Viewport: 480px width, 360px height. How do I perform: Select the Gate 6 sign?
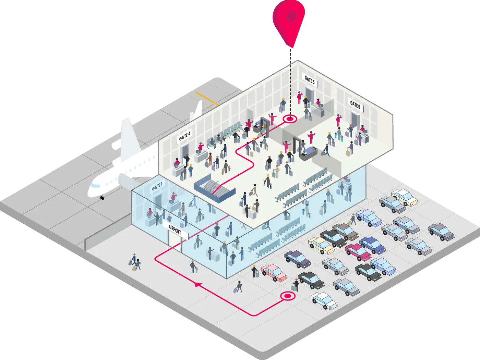pyautogui.click(x=355, y=105)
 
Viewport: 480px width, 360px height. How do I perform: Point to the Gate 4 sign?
pyautogui.click(x=184, y=136)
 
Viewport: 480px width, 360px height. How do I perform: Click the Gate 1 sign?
pyautogui.click(x=157, y=187)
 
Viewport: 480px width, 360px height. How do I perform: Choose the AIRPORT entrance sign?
pyautogui.click(x=175, y=230)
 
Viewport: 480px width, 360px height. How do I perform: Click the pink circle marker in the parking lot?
pyautogui.click(x=288, y=296)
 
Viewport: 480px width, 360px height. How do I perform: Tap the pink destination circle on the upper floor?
pyautogui.click(x=290, y=119)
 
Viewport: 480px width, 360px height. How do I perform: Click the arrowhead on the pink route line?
pyautogui.click(x=198, y=284)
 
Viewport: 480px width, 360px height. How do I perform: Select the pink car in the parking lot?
pyautogui.click(x=274, y=273)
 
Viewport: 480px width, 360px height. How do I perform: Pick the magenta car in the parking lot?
pyautogui.click(x=358, y=252)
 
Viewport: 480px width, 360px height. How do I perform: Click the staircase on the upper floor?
pyautogui.click(x=214, y=188)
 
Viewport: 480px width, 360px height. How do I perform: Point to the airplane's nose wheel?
pyautogui.click(x=102, y=198)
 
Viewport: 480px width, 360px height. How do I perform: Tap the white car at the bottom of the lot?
pyautogui.click(x=324, y=301)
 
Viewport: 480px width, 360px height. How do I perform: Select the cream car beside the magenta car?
pyautogui.click(x=321, y=246)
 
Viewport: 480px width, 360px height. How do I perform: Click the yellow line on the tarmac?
pyautogui.click(x=207, y=98)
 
